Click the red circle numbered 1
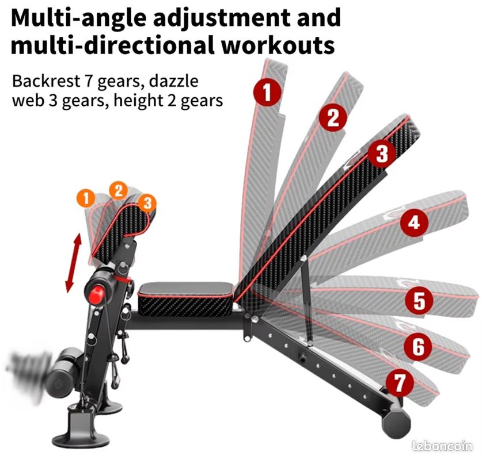(x=266, y=92)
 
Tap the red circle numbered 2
(x=333, y=117)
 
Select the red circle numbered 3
(x=382, y=154)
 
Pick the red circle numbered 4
(x=414, y=223)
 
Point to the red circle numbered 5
(x=419, y=300)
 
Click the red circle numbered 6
(x=418, y=347)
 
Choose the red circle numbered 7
(x=400, y=382)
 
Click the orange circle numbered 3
(x=147, y=202)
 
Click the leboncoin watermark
(x=442, y=446)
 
